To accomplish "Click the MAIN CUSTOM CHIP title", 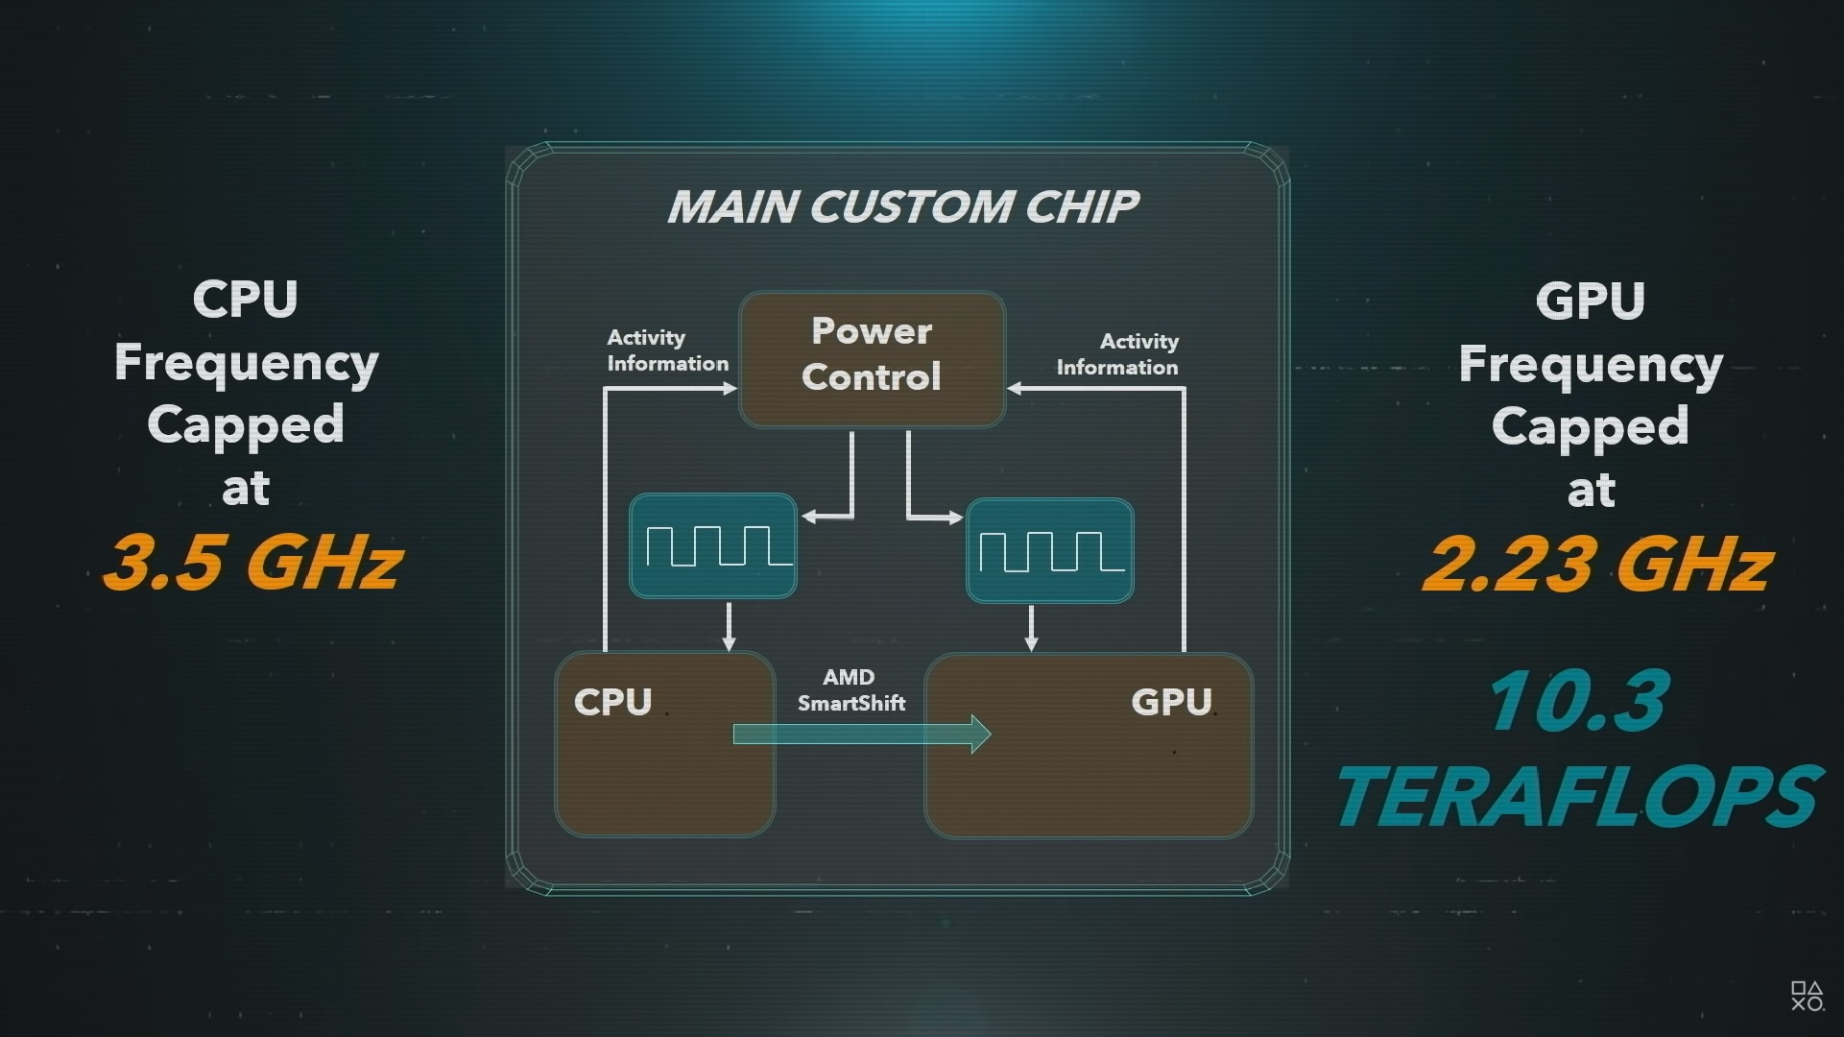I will pyautogui.click(x=902, y=206).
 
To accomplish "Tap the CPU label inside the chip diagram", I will pyautogui.click(x=612, y=702).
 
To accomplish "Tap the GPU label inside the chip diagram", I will pyautogui.click(x=1171, y=702).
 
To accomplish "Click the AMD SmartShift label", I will pyautogui.click(x=850, y=690).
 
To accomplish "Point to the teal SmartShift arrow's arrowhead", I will pyautogui.click(x=981, y=735).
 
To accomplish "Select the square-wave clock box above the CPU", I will pyautogui.click(x=712, y=545).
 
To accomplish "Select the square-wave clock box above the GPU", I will pyautogui.click(x=1049, y=550).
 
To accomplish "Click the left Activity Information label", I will pyautogui.click(x=667, y=350).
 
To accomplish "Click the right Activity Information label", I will pyautogui.click(x=1117, y=354).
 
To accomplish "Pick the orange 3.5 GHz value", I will pyautogui.click(x=252, y=563).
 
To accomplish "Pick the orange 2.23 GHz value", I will pyautogui.click(x=1597, y=565).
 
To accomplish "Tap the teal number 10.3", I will pyautogui.click(x=1578, y=701).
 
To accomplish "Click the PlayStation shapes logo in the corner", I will pyautogui.click(x=1807, y=996).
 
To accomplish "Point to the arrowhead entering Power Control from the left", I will pyautogui.click(x=730, y=389).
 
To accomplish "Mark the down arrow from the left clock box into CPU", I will pyautogui.click(x=729, y=641).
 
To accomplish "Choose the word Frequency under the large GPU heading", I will pyautogui.click(x=1591, y=365).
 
